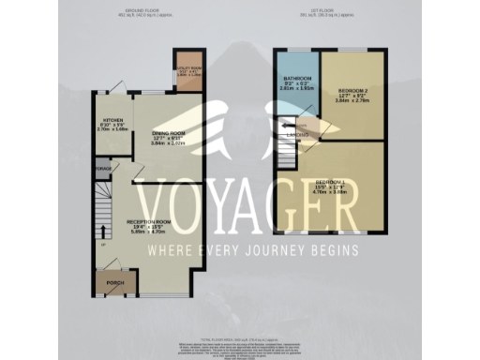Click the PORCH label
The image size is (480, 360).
[114, 281]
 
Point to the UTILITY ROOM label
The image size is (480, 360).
[187, 67]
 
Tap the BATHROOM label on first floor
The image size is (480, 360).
[296, 79]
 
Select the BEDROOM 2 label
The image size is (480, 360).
[350, 84]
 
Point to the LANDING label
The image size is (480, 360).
[297, 134]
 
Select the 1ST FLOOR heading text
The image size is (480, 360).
[334, 9]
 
